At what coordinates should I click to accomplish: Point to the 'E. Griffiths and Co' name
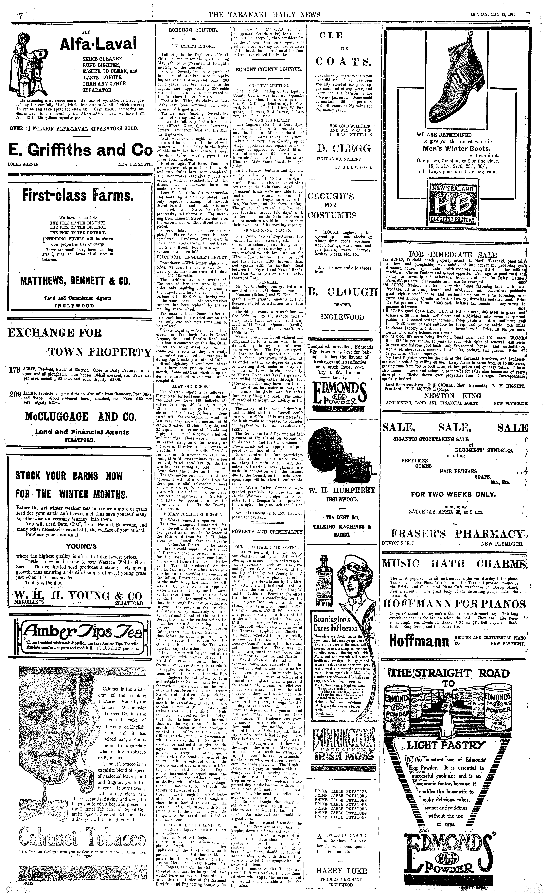(x=80, y=150)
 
